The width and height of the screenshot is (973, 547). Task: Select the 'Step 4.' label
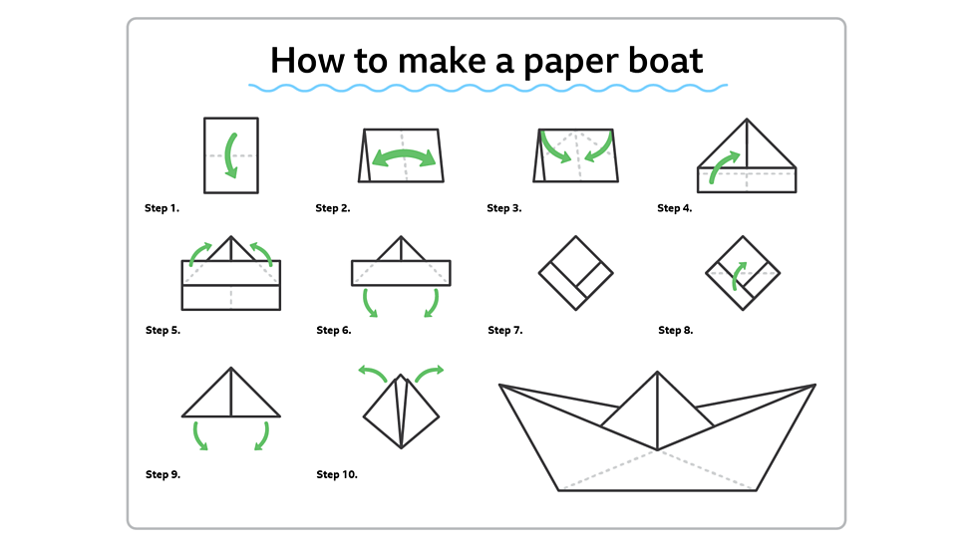coord(675,208)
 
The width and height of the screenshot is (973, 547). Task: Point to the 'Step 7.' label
coord(504,330)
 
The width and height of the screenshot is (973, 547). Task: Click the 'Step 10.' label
coord(336,474)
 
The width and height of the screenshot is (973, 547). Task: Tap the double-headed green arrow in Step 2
coord(404,156)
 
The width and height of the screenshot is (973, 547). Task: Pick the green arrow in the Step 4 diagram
coord(724,166)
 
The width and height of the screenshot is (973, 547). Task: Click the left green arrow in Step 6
coord(369,302)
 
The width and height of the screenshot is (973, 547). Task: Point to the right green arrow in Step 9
coord(263,435)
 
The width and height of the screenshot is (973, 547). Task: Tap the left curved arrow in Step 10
coord(373,373)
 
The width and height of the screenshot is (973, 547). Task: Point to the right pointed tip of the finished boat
coord(812,386)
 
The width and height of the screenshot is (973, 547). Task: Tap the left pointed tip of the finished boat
coord(501,386)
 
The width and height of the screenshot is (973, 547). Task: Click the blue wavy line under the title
coord(486,89)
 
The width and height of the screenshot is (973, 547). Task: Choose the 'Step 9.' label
coord(162,474)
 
